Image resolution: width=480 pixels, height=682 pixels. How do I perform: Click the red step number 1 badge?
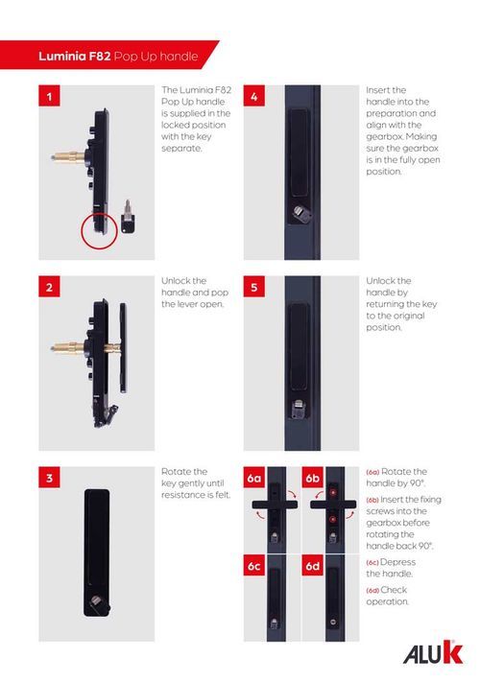pos(49,96)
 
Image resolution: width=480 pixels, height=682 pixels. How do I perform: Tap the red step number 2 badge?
pos(49,287)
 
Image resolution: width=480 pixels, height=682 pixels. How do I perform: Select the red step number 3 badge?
pos(49,478)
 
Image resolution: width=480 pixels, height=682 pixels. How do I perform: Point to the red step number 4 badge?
pos(254,96)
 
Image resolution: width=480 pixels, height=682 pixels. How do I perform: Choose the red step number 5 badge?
pos(254,287)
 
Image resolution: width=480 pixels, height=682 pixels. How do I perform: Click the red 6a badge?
pos(254,478)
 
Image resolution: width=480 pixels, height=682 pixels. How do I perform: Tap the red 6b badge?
pos(312,478)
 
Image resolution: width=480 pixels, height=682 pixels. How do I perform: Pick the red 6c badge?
pos(254,565)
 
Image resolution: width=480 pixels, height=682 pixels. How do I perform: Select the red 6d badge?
pos(312,565)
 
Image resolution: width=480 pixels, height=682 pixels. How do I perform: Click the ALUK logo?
pos(433,653)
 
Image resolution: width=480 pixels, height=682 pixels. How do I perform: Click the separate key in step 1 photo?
pos(128,218)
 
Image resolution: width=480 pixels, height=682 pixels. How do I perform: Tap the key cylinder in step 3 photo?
pos(97,602)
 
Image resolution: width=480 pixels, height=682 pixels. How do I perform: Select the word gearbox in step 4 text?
pos(384,136)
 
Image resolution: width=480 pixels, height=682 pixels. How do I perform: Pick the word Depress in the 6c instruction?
pos(397,562)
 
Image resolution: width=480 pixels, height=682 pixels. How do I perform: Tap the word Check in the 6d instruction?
pos(394,590)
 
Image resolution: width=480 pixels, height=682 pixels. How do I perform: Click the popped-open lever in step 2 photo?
pos(123,348)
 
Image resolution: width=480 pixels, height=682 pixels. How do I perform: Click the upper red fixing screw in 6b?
pos(333,492)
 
